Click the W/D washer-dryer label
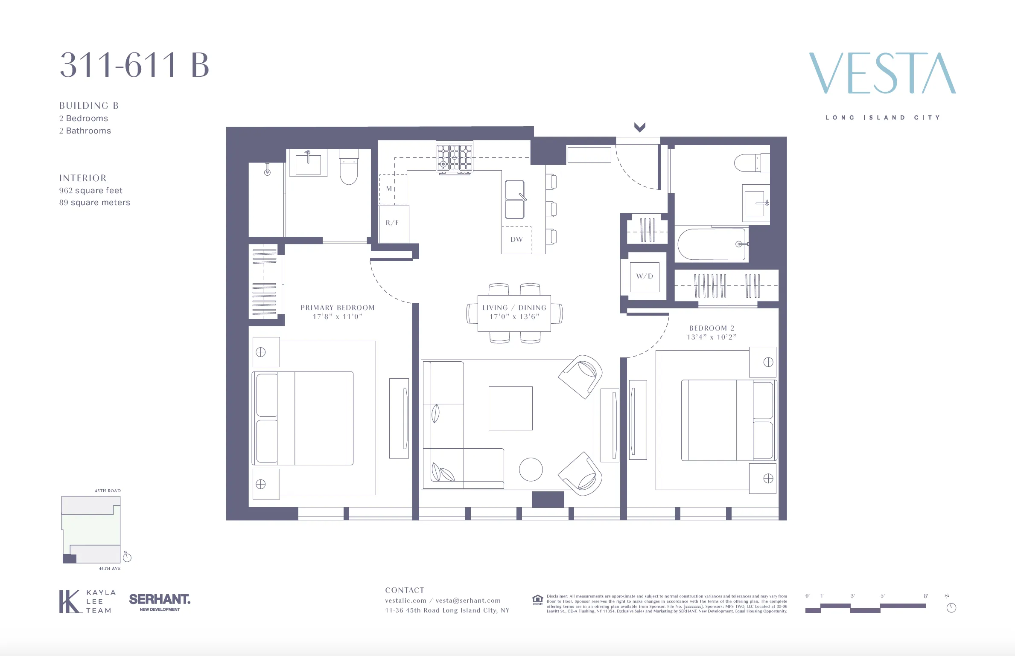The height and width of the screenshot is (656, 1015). click(x=645, y=276)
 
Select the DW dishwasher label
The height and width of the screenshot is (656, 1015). click(x=516, y=240)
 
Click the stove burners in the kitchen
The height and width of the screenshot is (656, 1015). click(x=455, y=157)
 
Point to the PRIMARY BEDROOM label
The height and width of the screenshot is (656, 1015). click(x=337, y=308)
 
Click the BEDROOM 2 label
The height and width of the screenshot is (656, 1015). click(x=712, y=328)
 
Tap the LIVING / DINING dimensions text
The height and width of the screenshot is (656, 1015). click(x=514, y=317)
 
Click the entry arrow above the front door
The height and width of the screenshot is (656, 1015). click(x=639, y=127)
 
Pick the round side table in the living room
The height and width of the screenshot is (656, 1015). click(x=531, y=469)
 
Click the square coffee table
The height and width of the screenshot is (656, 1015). click(x=510, y=408)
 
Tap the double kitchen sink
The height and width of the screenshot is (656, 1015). click(x=515, y=199)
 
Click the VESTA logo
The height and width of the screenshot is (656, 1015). click(x=882, y=73)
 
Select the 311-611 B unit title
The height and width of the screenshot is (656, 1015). click(x=134, y=65)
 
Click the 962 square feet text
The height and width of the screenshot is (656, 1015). click(x=90, y=191)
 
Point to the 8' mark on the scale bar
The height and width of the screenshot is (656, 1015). click(x=926, y=596)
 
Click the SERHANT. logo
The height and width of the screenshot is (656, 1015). click(x=160, y=600)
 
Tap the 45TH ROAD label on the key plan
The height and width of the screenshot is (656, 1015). click(x=108, y=491)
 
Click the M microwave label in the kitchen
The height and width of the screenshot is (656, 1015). click(x=389, y=189)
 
